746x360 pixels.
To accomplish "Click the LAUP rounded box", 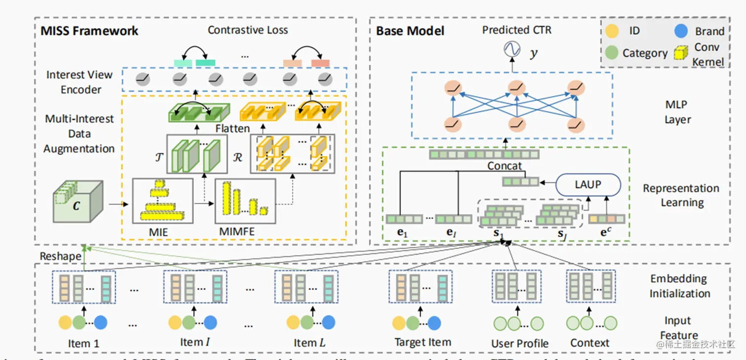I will pyautogui.click(x=588, y=185).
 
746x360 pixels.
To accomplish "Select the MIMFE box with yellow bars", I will pyautogui.click(x=245, y=201).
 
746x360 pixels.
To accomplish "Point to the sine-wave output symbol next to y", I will pyautogui.click(x=512, y=49).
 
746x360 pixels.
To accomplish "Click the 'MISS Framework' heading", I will pyautogui.click(x=89, y=31).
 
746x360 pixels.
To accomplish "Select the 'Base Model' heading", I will pyautogui.click(x=410, y=31).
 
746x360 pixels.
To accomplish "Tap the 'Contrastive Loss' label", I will pyautogui.click(x=248, y=30).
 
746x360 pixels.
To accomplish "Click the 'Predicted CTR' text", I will pyautogui.click(x=517, y=30).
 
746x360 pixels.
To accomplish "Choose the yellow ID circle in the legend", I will pyautogui.click(x=612, y=31).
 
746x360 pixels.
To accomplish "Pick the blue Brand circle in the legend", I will pyautogui.click(x=681, y=31).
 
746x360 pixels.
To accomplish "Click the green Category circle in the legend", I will pyautogui.click(x=612, y=53).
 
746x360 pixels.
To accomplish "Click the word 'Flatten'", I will pyautogui.click(x=232, y=129).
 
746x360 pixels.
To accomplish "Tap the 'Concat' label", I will pyautogui.click(x=505, y=166).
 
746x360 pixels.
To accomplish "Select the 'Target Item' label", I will pyautogui.click(x=423, y=342).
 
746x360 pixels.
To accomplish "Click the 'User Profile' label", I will pyautogui.click(x=520, y=343).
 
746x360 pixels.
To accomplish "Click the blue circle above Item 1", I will pyautogui.click(x=101, y=323).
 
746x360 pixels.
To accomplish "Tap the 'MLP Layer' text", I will pyautogui.click(x=677, y=112).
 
